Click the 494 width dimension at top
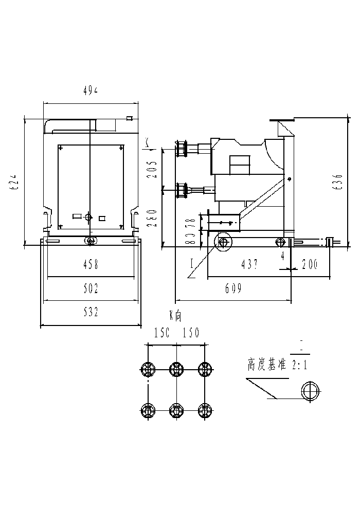coord(91,90)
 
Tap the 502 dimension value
coord(91,288)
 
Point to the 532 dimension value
coord(91,312)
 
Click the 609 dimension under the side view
coord(233,288)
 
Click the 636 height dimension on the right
coord(337,183)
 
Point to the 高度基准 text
coord(266,366)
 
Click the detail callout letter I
coord(191,264)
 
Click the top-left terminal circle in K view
coord(148,368)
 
